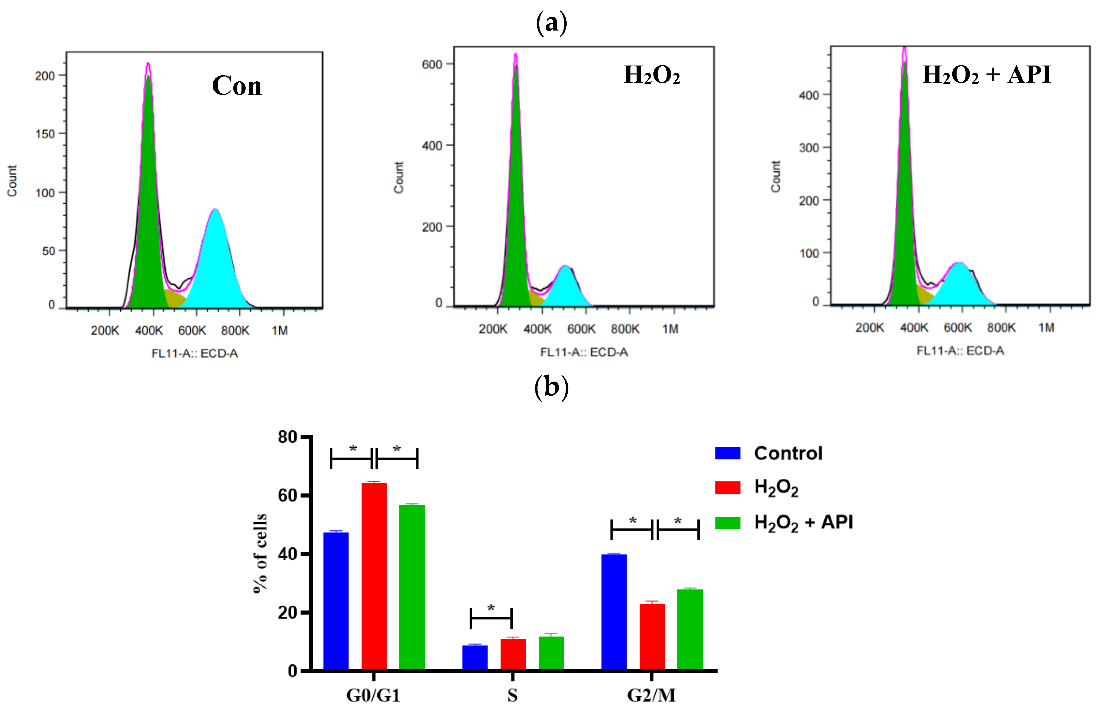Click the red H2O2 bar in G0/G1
[x=374, y=576]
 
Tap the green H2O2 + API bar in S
[x=551, y=653]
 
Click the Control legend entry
[x=788, y=453]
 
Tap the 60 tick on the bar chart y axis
[x=287, y=496]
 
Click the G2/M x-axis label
[x=651, y=695]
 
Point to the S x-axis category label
[x=512, y=695]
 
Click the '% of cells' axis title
[x=260, y=553]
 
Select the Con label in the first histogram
[x=236, y=86]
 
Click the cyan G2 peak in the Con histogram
[x=215, y=263]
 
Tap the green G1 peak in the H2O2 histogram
[x=515, y=208]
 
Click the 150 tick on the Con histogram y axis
[x=45, y=134]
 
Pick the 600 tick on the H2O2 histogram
[x=432, y=65]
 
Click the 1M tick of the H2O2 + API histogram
[x=1046, y=328]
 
